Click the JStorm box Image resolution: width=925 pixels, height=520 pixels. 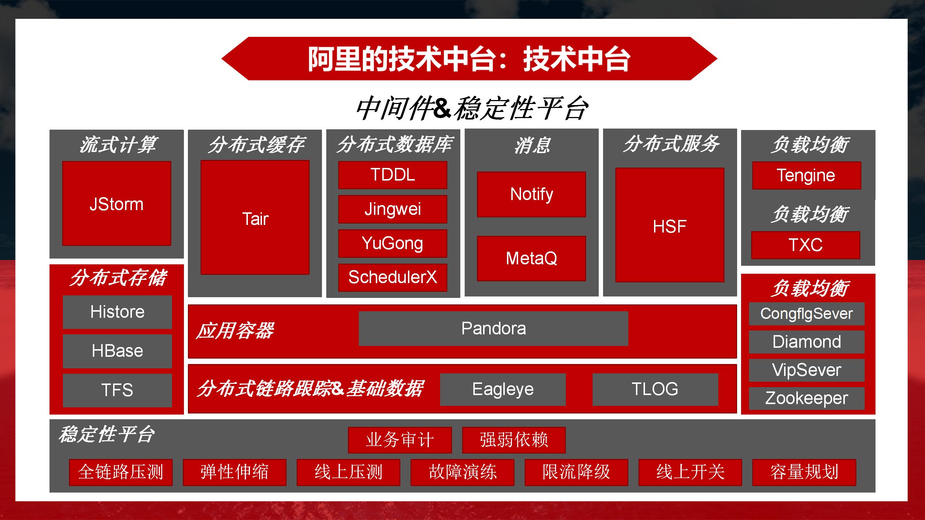(x=116, y=204)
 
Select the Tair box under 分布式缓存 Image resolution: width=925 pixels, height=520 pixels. (x=255, y=218)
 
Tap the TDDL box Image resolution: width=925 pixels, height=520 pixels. (x=393, y=175)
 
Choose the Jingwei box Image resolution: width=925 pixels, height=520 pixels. (x=393, y=209)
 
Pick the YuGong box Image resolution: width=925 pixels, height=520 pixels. (x=393, y=243)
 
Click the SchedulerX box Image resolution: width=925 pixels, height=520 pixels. (x=393, y=277)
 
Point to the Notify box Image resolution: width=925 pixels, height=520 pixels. (x=532, y=194)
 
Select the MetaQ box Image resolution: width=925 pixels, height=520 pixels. (x=532, y=258)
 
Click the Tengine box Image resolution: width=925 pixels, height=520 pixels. (x=806, y=175)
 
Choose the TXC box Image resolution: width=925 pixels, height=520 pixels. (x=805, y=245)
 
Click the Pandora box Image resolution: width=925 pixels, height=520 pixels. (x=494, y=329)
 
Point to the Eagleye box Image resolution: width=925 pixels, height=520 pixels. (x=503, y=389)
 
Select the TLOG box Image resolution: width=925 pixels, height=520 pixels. (x=655, y=389)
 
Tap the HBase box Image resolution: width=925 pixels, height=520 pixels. (x=117, y=351)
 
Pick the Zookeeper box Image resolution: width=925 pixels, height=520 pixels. (x=806, y=398)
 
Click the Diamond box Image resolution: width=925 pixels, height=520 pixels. (x=806, y=342)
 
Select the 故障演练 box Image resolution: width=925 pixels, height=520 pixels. (x=462, y=472)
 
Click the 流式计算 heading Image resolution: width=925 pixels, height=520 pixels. (x=117, y=144)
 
